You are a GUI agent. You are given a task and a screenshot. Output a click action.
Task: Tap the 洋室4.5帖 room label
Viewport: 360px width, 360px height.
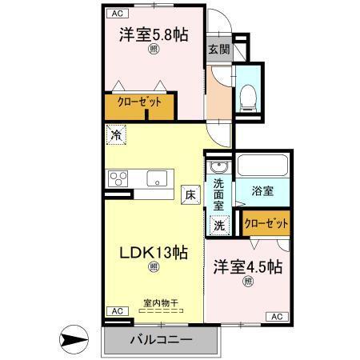246,266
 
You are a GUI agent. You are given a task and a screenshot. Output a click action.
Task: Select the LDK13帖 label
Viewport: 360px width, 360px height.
154,252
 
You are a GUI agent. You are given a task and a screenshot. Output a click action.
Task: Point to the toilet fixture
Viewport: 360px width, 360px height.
247,95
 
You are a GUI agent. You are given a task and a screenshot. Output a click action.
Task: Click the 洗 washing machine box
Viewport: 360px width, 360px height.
218,226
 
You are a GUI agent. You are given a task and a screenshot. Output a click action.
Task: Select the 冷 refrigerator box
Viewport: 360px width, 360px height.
117,135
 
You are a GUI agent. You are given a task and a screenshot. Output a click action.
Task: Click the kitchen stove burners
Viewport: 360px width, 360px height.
119,178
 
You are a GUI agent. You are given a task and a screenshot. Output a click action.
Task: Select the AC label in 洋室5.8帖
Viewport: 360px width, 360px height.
117,13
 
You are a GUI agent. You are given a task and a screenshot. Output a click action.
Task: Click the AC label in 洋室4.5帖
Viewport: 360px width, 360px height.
276,317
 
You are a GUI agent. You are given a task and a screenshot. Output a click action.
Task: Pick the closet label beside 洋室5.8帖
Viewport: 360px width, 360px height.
139,102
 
